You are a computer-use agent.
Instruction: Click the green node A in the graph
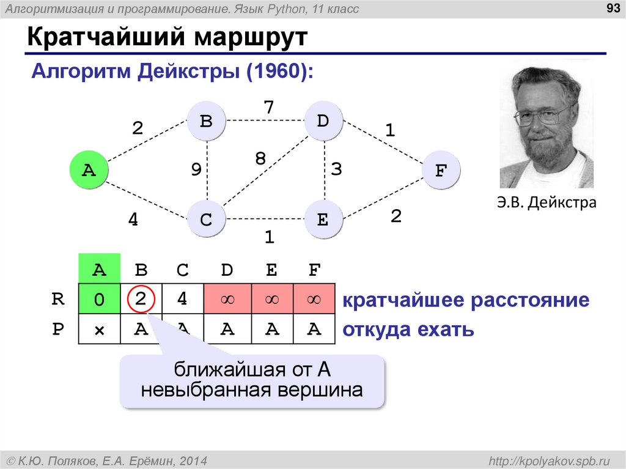89,170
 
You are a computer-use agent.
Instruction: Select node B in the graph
206,121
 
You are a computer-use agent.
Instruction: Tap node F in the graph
440,170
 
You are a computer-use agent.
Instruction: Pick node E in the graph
323,219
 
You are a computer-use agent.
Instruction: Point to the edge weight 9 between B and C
196,169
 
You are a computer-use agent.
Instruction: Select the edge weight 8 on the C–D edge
260,159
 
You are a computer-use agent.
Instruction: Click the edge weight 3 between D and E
336,169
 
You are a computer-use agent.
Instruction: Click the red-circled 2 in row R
141,300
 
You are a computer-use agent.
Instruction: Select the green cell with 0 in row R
99,300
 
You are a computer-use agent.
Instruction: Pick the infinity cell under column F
314,300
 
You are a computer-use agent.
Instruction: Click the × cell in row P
99,330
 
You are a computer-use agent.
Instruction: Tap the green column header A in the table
99,270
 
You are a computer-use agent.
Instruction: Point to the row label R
59,300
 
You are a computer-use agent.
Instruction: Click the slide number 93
609,8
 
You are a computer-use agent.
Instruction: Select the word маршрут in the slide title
251,38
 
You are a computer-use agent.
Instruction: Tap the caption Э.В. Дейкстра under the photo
546,202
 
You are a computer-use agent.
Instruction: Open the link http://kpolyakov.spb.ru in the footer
548,459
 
